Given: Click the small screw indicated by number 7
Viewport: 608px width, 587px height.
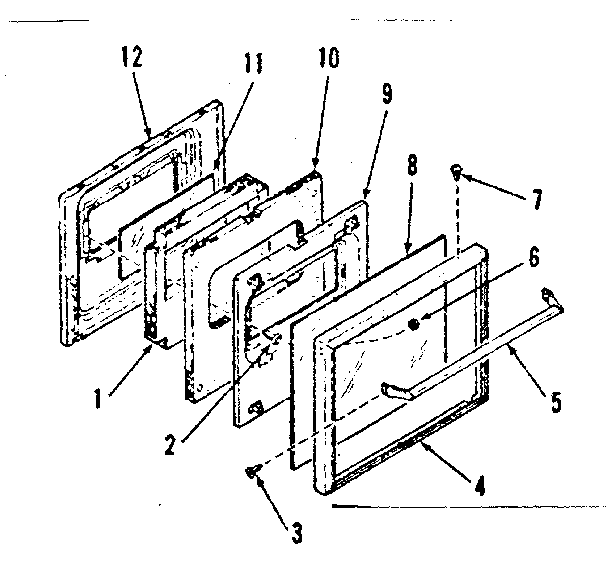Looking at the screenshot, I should click(x=457, y=172).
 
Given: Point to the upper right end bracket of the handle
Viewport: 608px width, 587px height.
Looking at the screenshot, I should click(x=550, y=297).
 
